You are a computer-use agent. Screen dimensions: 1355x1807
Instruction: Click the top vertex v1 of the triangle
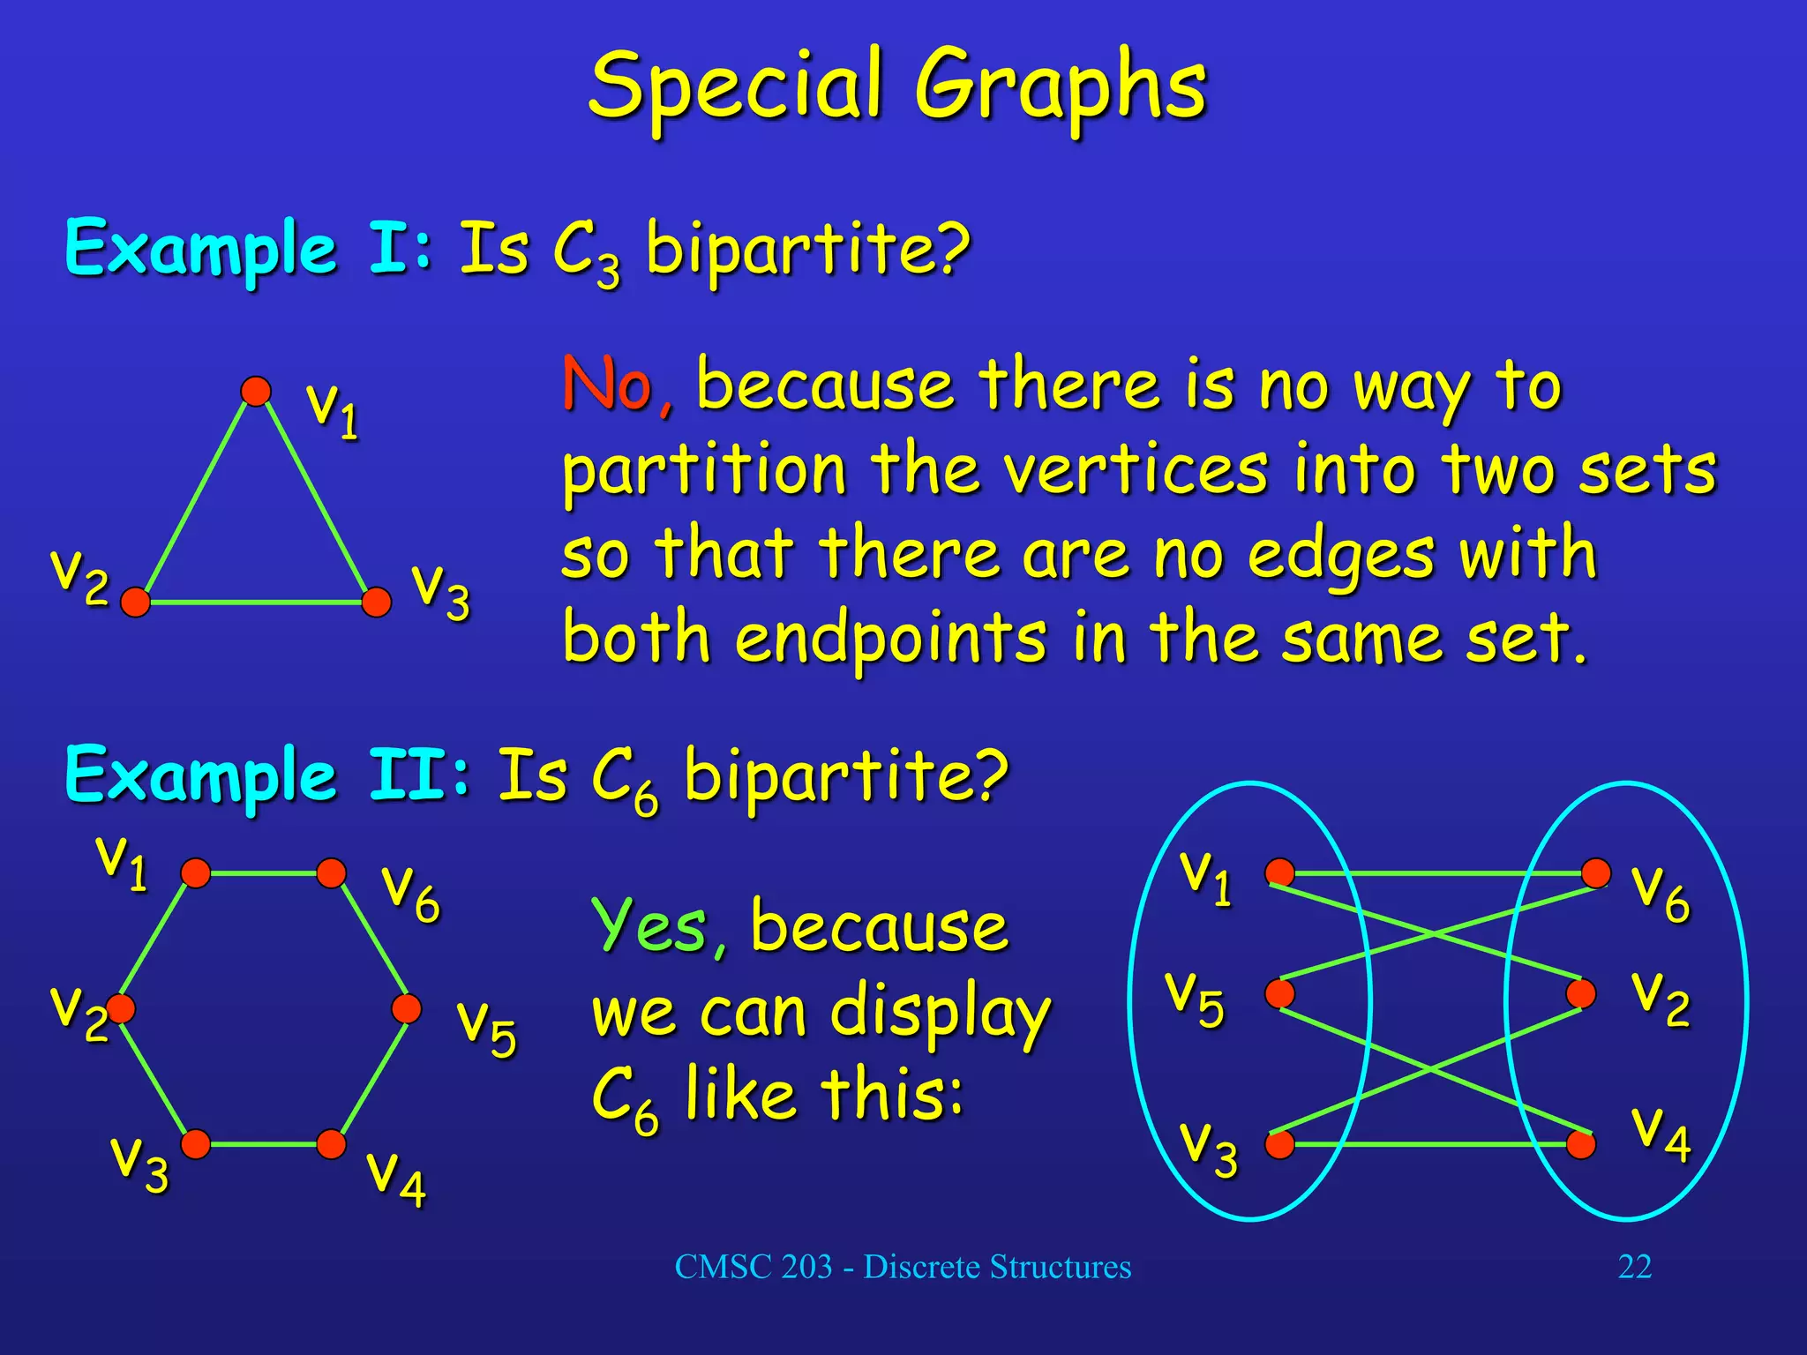256,391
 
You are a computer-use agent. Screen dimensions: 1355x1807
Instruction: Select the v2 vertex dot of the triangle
135,603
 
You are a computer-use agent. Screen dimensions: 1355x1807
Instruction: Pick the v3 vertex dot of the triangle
377,603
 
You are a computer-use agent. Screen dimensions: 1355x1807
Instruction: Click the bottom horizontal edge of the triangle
256,603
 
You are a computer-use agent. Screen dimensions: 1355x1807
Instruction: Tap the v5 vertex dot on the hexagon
407,1008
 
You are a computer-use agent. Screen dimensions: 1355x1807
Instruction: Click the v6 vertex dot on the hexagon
331,873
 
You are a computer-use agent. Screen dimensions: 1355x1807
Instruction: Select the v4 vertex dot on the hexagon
331,1144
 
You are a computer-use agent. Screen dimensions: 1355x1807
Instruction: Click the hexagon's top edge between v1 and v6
263,873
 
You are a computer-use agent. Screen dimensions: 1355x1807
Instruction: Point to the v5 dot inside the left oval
1279,993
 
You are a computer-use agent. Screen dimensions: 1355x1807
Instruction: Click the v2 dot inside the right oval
1581,993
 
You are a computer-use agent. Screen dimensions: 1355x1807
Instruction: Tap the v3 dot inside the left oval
1279,1144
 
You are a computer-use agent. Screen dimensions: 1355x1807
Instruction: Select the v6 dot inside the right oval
1596,873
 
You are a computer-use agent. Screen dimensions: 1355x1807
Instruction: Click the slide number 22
1634,1267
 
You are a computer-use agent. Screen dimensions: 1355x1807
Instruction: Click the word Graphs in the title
1059,86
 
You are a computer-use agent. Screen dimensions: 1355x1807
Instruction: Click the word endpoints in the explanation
891,638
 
